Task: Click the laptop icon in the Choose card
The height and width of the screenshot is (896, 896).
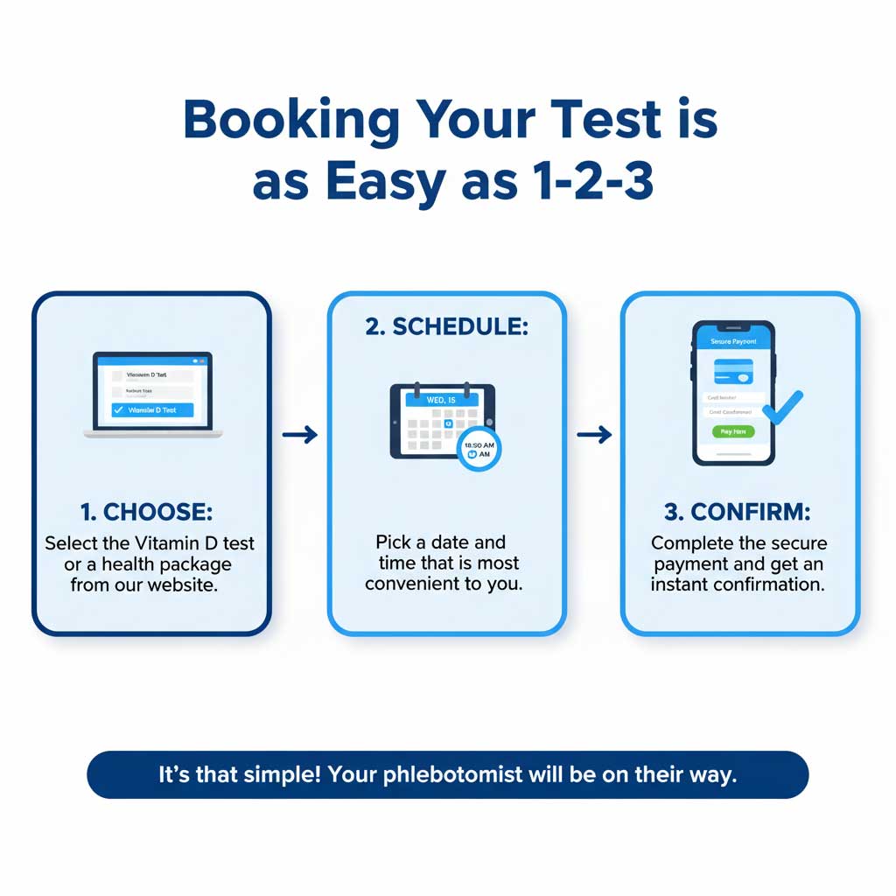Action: coord(153,395)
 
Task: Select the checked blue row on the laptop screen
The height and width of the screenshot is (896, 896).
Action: coord(152,409)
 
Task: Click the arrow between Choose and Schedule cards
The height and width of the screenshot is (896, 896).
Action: coord(299,435)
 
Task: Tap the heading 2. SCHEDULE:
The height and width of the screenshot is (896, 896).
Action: coord(447,327)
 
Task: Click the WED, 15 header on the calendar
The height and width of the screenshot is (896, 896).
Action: coord(442,399)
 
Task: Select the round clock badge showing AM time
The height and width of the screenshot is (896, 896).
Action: coord(479,449)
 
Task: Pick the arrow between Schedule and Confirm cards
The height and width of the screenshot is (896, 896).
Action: coord(593,435)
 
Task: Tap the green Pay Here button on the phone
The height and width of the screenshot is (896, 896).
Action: coord(732,431)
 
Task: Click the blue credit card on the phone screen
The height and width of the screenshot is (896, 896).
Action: coord(733,371)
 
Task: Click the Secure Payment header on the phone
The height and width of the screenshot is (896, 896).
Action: coord(733,341)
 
